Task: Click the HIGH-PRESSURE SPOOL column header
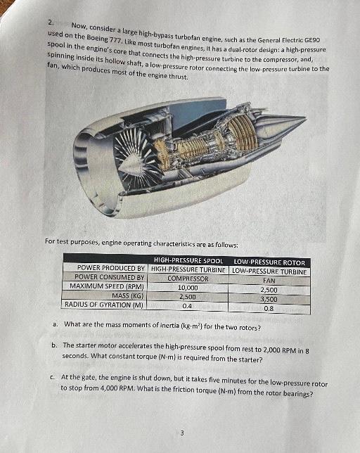pos(188,261)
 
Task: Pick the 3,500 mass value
pos(269,298)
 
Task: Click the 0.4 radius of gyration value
pos(188,306)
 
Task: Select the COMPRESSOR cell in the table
pos(188,279)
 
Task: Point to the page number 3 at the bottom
pos(182,433)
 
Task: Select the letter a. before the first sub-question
pos(55,324)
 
